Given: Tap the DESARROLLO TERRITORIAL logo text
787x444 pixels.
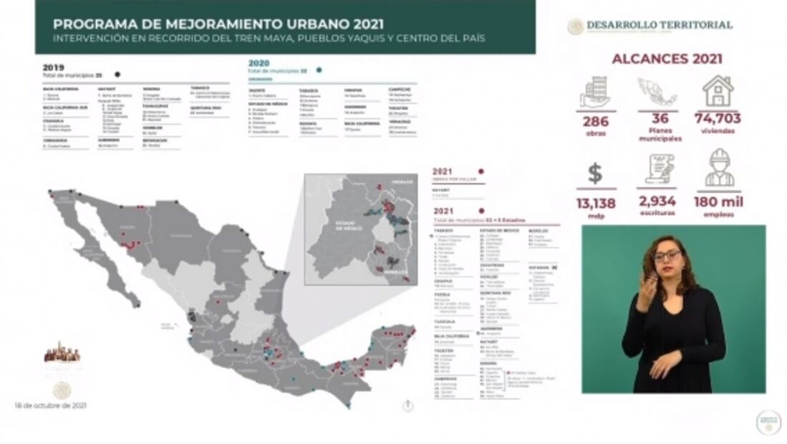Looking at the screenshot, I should pyautogui.click(x=659, y=25).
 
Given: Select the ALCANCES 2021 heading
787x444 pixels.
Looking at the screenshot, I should pyautogui.click(x=667, y=59).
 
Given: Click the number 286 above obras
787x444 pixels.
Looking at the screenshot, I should pyautogui.click(x=595, y=121).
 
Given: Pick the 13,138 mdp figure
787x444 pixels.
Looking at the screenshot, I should pyautogui.click(x=595, y=203).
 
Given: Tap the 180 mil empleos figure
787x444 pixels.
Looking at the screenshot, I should pyautogui.click(x=718, y=202).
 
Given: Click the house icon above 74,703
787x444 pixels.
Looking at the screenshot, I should pyautogui.click(x=718, y=91).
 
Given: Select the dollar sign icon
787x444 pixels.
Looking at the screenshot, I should pyautogui.click(x=595, y=173).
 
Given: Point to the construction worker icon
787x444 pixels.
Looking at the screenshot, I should pyautogui.click(x=718, y=168).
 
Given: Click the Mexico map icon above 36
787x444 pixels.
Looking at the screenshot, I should pyautogui.click(x=657, y=92).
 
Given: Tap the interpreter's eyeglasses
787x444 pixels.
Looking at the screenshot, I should pyautogui.click(x=667, y=256).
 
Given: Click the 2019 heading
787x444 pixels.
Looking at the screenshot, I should pyautogui.click(x=53, y=67).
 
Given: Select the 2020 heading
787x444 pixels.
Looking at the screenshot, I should pyautogui.click(x=259, y=64).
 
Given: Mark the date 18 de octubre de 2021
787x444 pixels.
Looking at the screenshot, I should pyautogui.click(x=50, y=405).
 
